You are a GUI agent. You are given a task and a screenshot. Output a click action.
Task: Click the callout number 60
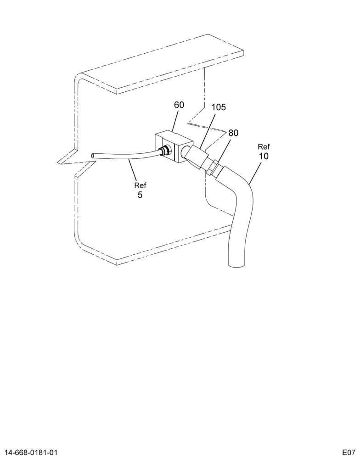pos(179,105)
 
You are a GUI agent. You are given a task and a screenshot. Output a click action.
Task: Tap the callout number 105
pos(219,107)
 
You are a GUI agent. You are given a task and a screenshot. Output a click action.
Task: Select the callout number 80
pos(233,133)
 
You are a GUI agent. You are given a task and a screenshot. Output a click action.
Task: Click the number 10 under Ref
pos(264,156)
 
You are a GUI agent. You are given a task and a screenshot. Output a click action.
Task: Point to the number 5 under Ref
pos(140,195)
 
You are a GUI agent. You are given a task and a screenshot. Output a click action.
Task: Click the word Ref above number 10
pos(264,146)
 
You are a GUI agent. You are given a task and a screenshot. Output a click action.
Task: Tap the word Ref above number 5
pos(140,185)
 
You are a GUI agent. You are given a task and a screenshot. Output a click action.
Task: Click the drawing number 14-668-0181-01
pos(29,452)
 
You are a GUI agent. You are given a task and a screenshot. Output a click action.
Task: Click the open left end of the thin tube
pos(93,156)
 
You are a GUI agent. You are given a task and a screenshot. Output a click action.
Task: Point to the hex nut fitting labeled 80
pos(212,167)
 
